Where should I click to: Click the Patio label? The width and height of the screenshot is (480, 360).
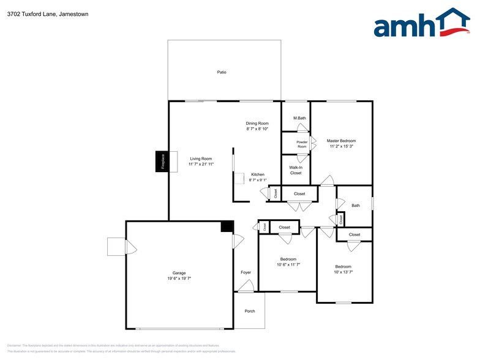pos(222,72)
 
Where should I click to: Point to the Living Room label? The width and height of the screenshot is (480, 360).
pos(200,159)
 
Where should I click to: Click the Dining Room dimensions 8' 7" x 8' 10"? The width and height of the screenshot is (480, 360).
pos(257,129)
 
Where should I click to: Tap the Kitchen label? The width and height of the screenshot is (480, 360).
pos(258,174)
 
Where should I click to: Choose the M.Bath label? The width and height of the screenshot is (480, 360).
pos(299,118)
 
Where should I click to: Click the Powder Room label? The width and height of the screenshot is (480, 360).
pos(302,144)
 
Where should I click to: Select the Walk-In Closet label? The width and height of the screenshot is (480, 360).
pos(296,170)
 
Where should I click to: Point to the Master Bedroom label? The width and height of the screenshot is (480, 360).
pos(341,141)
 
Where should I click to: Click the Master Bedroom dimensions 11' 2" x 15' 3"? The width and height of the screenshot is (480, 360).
pos(341,147)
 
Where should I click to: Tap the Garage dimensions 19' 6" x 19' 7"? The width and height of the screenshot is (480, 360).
pos(179,279)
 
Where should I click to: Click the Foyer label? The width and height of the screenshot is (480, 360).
pos(246,272)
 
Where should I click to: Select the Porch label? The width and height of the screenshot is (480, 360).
pos(250,311)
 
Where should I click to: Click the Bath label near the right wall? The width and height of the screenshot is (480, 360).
pos(356,206)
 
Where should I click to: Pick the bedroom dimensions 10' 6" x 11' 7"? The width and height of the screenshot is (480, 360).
pos(288,264)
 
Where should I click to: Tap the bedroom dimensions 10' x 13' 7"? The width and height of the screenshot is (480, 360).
pos(343,272)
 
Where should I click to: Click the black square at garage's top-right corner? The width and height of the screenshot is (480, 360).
pos(227,227)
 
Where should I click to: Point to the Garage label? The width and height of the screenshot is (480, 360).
pos(179,273)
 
